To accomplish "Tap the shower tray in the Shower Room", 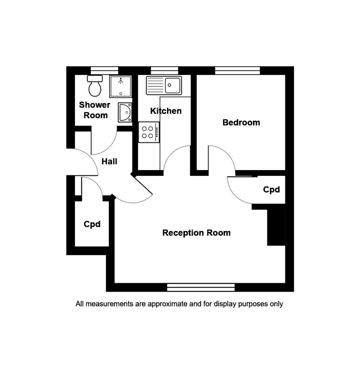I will click(x=121, y=86).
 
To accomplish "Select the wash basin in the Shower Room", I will click(x=125, y=112).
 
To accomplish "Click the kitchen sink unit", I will click(x=164, y=85).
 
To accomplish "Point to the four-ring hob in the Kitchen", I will click(x=148, y=132).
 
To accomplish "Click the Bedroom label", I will click(x=241, y=123).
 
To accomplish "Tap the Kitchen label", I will click(x=166, y=111).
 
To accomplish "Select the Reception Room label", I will click(x=196, y=233).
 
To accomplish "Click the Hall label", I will click(x=109, y=162).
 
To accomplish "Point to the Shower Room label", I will click(x=95, y=110).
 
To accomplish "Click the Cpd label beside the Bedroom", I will click(x=271, y=190).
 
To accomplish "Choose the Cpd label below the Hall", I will click(x=92, y=224).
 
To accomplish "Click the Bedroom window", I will click(x=237, y=71).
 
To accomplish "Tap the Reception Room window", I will click(x=201, y=287).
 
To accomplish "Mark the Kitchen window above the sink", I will click(x=164, y=71).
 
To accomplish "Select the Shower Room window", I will click(x=104, y=71).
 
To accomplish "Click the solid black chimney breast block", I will click(x=276, y=227).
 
